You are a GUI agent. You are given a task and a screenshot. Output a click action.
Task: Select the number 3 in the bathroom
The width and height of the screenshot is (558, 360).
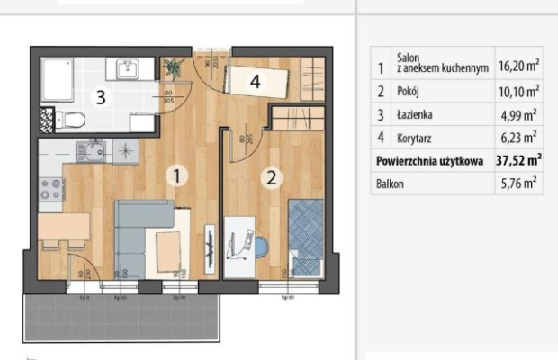coord(103,97)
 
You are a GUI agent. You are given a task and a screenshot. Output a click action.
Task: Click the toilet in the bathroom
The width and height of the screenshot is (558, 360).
coord(70,121)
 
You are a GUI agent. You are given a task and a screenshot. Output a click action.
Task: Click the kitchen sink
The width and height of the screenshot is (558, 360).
coord(90,149)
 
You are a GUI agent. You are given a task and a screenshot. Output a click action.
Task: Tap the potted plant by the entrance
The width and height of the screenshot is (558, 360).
coord(174,67)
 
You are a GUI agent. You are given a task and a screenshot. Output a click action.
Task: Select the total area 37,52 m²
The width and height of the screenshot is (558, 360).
coord(518,160)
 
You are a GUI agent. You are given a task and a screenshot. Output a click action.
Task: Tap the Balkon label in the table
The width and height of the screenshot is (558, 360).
coord(391,184)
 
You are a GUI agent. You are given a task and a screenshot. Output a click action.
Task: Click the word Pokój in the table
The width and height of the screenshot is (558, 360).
coord(409,91)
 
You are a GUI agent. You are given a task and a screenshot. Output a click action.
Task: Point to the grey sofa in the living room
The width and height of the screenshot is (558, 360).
coord(135,236)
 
